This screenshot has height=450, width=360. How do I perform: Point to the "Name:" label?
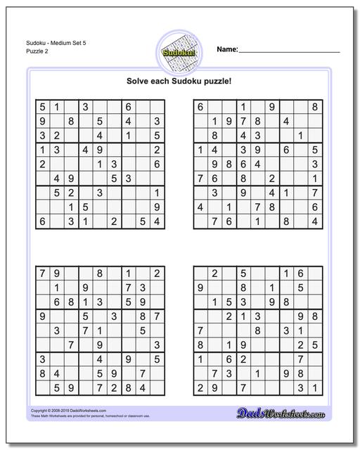pyautogui.click(x=227, y=49)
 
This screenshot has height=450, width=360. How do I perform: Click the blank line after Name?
pyautogui.click(x=289, y=51)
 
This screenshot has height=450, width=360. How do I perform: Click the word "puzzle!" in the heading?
pyautogui.click(x=216, y=81)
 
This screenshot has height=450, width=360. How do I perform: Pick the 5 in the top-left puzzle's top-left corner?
pyautogui.click(x=42, y=107)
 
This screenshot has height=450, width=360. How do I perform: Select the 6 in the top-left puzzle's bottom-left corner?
pyautogui.click(x=42, y=221)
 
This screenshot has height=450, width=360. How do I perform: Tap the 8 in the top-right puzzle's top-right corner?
pyautogui.click(x=315, y=107)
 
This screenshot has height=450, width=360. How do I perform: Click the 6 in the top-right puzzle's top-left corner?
pyautogui.click(x=200, y=107)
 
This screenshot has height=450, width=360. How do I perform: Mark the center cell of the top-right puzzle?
pyautogui.click(x=257, y=164)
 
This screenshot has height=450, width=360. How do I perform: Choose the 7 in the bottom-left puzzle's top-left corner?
pyautogui.click(x=42, y=274)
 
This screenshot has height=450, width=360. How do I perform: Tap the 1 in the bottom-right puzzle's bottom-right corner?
pyautogui.click(x=315, y=387)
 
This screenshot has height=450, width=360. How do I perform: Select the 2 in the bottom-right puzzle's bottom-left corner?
pyautogui.click(x=200, y=387)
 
